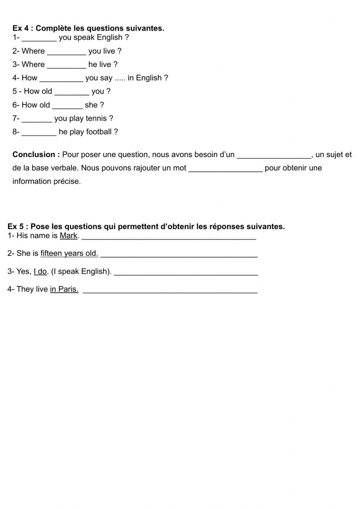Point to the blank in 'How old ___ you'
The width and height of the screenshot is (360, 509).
tap(72, 93)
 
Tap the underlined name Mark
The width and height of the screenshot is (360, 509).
tap(68, 236)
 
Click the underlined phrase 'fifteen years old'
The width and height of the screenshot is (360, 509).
tap(69, 253)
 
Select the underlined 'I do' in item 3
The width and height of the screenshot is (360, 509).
tap(40, 271)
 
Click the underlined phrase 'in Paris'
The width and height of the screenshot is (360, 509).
tap(64, 289)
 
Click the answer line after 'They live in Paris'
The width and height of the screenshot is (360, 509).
tap(170, 291)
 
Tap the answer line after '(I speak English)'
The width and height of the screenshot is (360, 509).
tap(186, 273)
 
